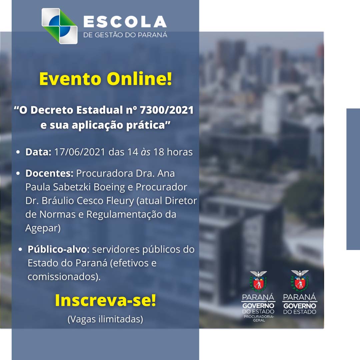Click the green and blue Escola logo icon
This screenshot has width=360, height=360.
pos(59,26)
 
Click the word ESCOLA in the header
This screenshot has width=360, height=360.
pos(125,22)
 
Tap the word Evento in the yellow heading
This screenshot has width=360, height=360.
pos(70,79)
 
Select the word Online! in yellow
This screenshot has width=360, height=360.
pos(139,79)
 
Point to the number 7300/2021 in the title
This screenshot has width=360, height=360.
pos(167,110)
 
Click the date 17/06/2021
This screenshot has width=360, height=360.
pos(80,152)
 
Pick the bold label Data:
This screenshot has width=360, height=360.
pos(38,152)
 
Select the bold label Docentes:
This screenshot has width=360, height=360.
pos(49,173)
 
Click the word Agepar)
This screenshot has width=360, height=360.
pos(43,228)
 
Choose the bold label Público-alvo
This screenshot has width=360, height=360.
pos(57,249)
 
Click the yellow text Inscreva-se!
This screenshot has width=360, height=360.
pos(106,300)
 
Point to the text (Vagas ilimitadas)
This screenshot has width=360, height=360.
pos(105,319)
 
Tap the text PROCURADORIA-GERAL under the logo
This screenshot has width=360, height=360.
pos(259,318)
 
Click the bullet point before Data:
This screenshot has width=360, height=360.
pos(18,152)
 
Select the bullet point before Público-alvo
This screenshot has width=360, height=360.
pos(20,249)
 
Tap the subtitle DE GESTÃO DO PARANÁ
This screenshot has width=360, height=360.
pos(125,35)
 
